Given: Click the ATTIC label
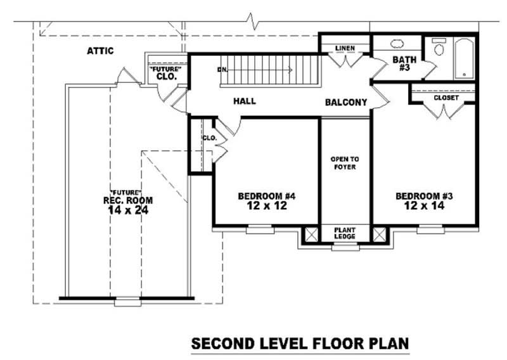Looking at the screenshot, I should [x=100, y=51].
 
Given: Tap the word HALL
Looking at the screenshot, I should [x=244, y=101].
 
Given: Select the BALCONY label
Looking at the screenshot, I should [x=346, y=102].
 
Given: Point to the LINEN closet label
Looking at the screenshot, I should [x=345, y=48].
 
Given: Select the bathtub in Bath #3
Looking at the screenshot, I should [x=464, y=59].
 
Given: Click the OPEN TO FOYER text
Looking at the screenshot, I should [x=344, y=163].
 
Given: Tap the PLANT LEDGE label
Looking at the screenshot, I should [x=345, y=233].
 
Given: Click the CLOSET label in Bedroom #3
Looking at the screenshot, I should [x=446, y=98].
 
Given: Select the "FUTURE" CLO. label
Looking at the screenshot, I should [x=165, y=72].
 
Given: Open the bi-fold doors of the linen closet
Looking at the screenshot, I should [x=345, y=61].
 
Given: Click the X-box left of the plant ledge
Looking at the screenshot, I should [x=311, y=234].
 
